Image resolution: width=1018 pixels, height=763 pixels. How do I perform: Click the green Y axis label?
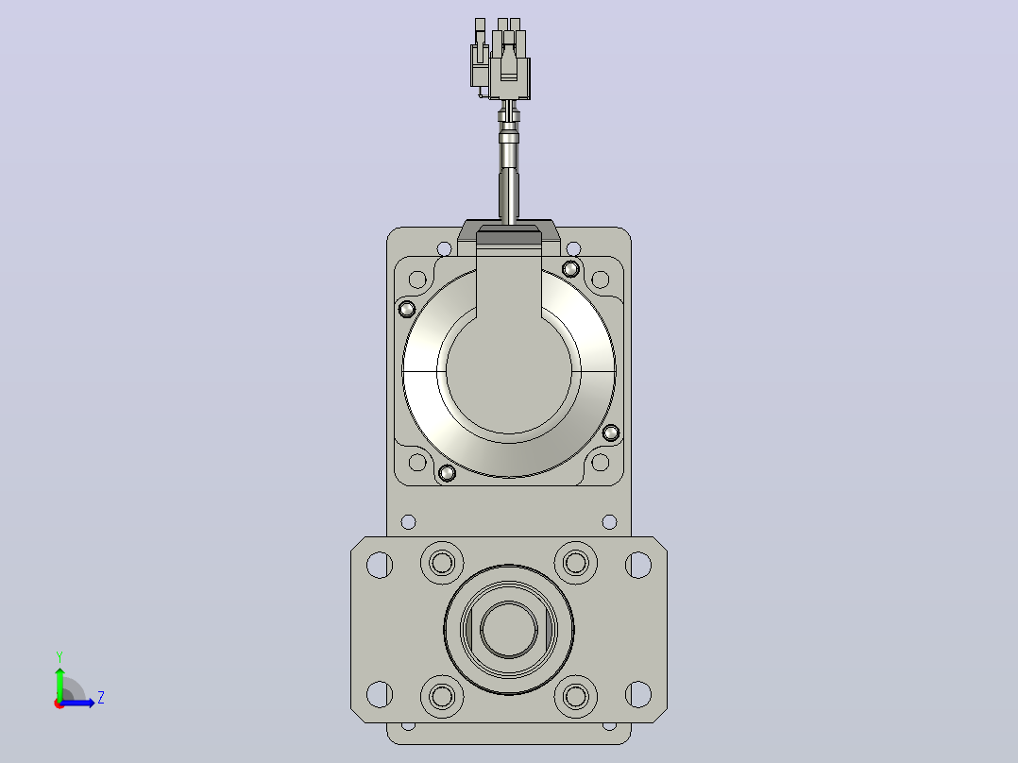point(59,657)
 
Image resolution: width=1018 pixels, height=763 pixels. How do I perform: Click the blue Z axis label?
point(101,698)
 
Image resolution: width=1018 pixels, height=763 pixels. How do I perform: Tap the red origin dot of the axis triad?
point(59,704)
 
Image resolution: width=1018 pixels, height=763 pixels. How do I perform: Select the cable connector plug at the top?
point(501,59)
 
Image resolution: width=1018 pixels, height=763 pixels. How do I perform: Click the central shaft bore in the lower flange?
point(509,629)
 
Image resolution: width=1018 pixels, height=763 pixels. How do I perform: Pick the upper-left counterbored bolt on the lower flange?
point(442,563)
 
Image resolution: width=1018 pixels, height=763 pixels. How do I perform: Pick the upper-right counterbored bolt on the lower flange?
point(576,563)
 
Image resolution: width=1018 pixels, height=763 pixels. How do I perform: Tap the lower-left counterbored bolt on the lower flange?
point(442,697)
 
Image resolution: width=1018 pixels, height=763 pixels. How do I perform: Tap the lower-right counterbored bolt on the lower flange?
point(576,697)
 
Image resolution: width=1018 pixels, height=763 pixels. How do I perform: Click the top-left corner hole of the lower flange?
point(380,565)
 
